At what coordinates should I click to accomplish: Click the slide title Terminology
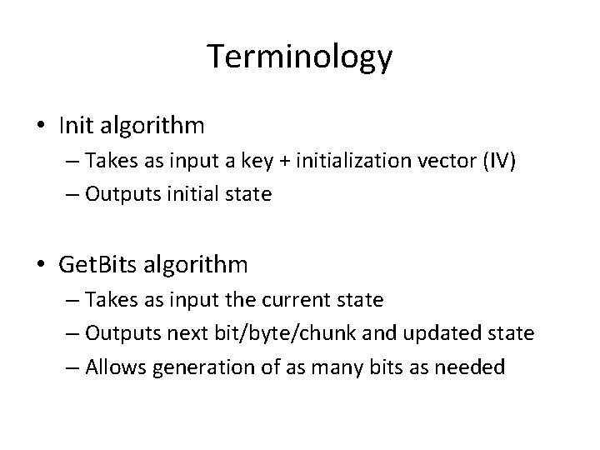(300, 57)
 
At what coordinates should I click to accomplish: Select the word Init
(77, 125)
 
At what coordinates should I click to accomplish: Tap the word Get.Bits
(98, 265)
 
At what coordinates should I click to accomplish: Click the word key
(261, 162)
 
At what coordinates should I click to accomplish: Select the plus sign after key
(285, 162)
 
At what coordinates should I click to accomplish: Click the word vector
(431, 162)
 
